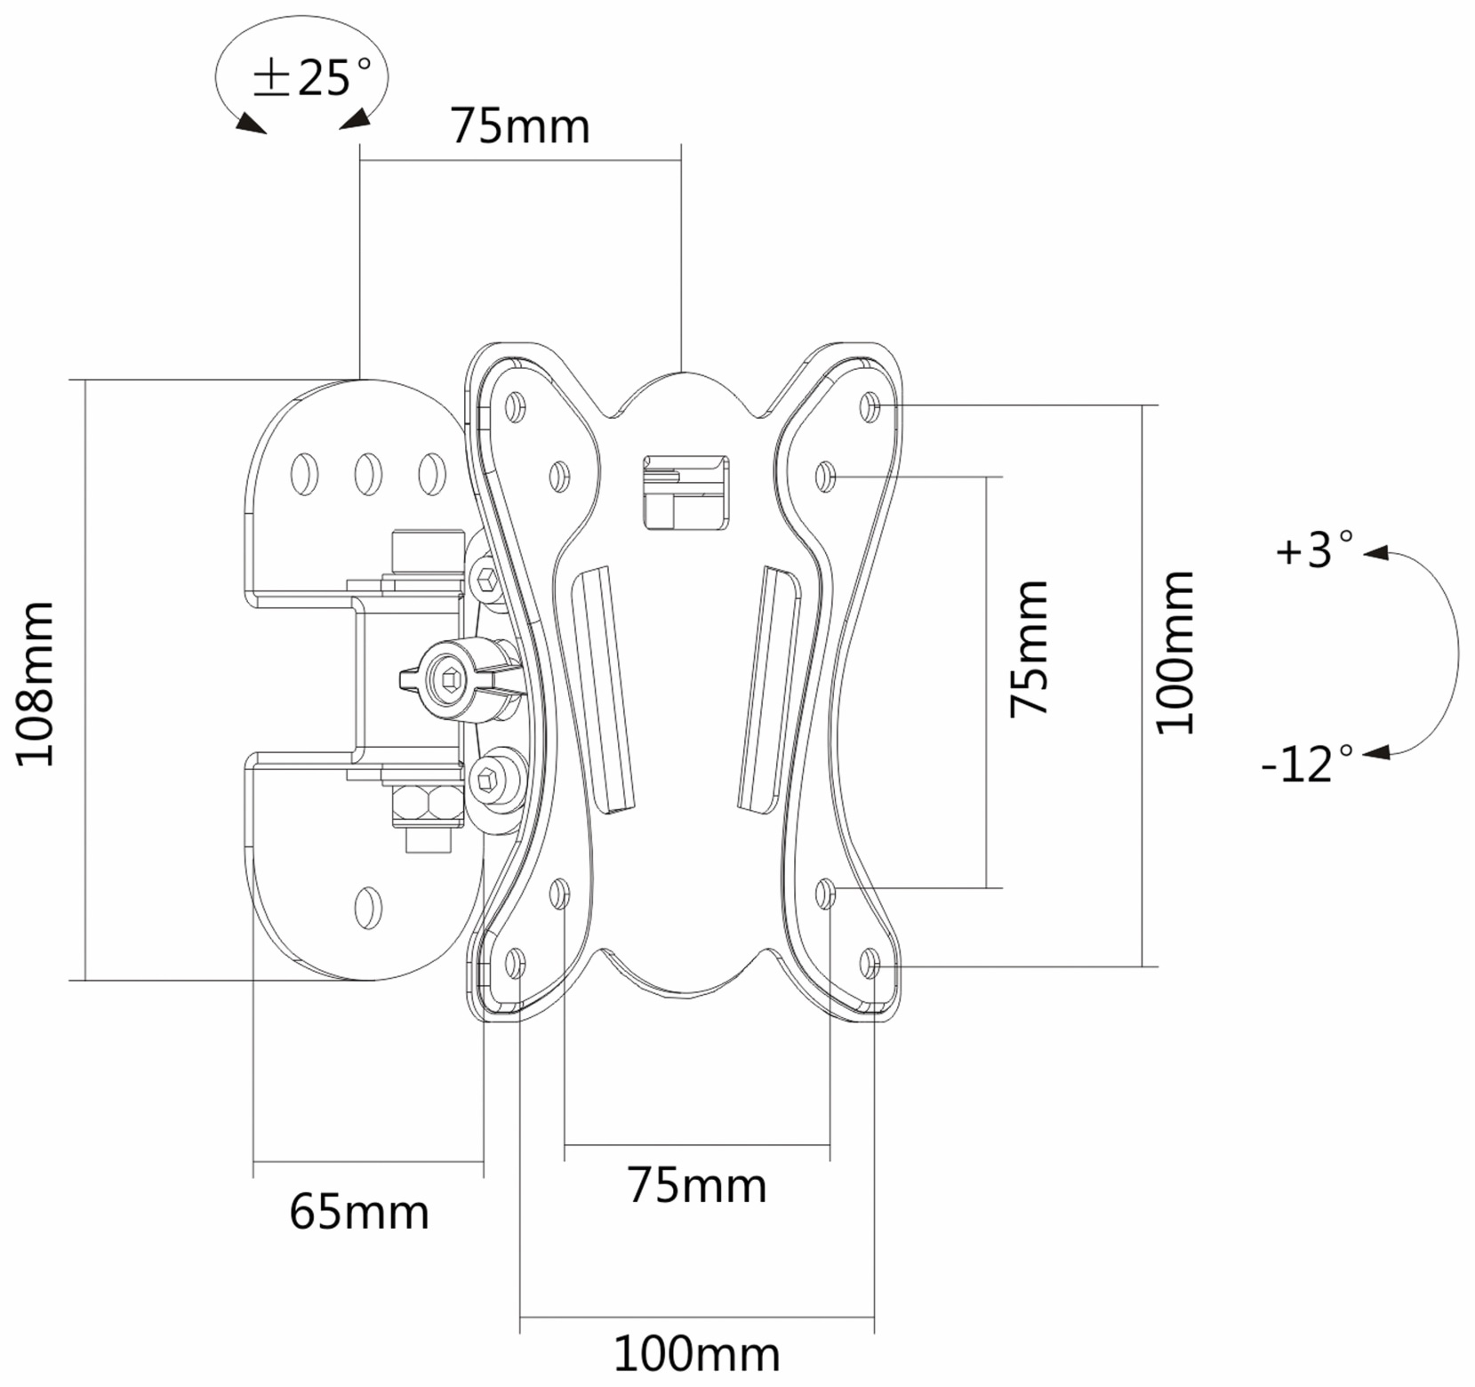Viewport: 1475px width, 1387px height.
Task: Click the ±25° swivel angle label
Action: [312, 77]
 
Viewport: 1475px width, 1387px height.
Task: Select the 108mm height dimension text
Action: [36, 683]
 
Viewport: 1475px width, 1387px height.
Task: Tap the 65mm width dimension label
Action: [359, 1211]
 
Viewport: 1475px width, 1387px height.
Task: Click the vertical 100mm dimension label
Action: [1174, 653]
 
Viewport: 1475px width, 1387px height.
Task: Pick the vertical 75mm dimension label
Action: [1030, 648]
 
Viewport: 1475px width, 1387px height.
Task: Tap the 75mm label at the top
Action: [520, 126]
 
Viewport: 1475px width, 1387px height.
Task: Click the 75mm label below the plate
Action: [697, 1184]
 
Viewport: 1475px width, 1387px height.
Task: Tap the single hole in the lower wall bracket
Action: [367, 907]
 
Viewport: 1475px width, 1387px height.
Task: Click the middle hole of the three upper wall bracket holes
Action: [368, 473]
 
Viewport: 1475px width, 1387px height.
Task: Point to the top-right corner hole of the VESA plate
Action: [870, 406]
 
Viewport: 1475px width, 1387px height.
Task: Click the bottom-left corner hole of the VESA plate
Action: [515, 963]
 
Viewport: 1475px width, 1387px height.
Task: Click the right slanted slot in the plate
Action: [768, 689]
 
